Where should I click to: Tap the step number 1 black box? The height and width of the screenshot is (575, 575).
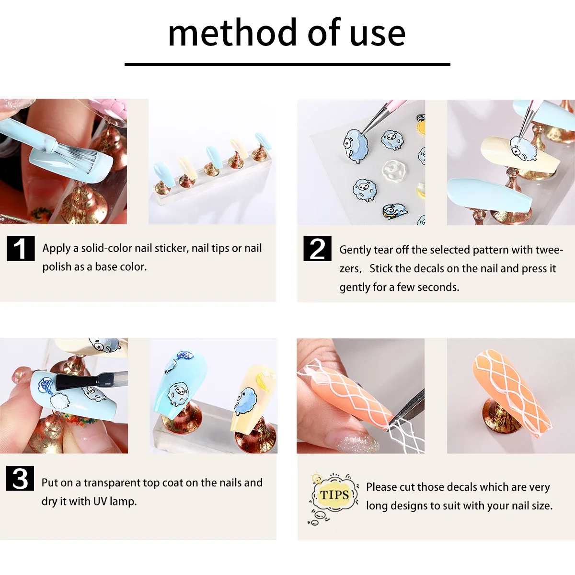coord(21,248)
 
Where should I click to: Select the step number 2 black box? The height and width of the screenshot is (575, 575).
coord(317,248)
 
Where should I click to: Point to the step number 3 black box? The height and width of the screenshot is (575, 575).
coord(20,478)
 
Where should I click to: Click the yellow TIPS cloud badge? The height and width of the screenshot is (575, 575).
coord(334,495)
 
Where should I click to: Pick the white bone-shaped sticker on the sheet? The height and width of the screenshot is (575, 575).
coord(394,170)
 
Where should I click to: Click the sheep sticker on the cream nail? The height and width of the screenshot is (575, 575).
coord(523,149)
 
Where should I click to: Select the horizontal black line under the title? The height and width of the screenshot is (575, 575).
coord(287,64)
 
